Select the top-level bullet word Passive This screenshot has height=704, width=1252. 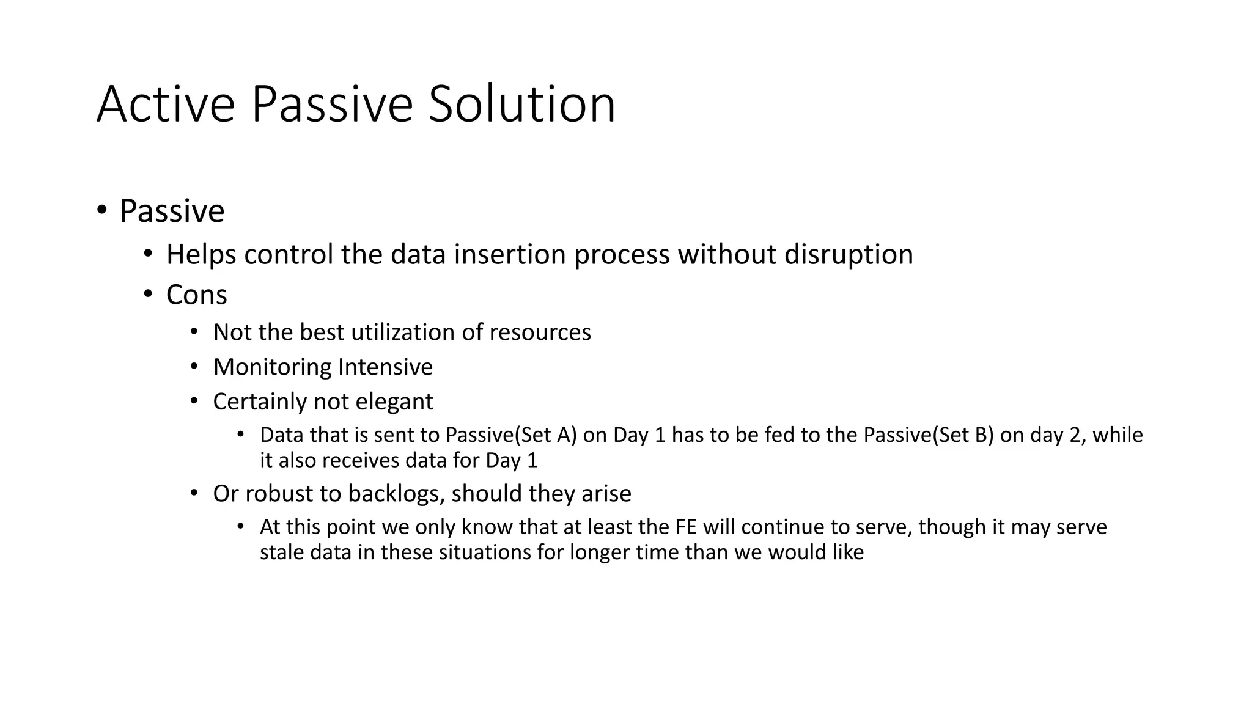click(172, 211)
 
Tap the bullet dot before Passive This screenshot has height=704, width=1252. click(101, 210)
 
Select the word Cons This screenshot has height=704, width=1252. click(196, 295)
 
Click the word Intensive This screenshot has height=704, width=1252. click(385, 367)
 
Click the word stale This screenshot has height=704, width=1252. click(282, 552)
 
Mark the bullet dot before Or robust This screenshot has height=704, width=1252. click(194, 493)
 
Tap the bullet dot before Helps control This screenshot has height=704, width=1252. click(147, 254)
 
